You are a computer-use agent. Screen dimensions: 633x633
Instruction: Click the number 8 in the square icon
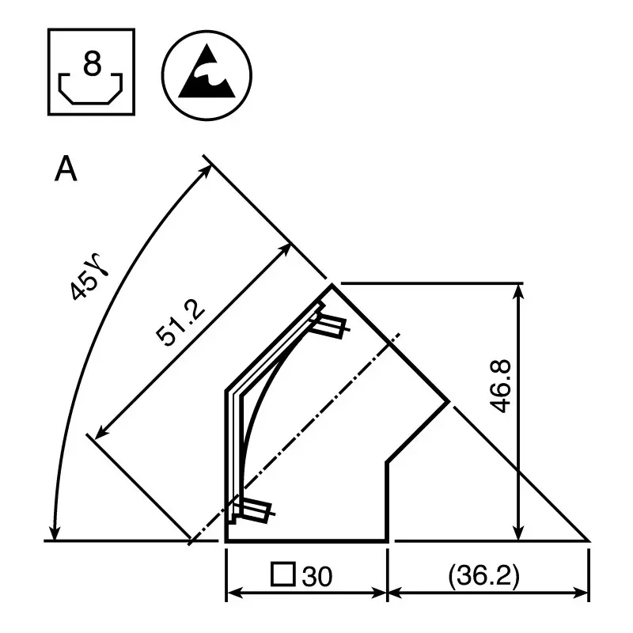93,64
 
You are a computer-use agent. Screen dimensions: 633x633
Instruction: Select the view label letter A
66,169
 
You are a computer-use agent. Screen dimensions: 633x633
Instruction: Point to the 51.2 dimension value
180,324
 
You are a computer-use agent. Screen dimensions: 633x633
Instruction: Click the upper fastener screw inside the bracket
330,324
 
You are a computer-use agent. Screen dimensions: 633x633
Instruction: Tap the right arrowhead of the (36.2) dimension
583,593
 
